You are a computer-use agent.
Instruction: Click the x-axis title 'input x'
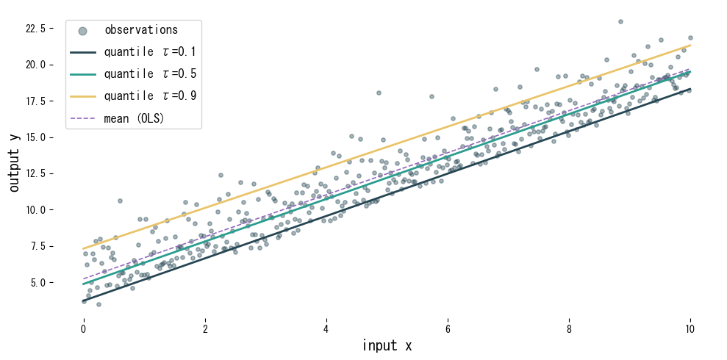[387, 345]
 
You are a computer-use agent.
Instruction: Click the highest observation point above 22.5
[620, 21]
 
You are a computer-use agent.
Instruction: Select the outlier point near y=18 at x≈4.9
[379, 93]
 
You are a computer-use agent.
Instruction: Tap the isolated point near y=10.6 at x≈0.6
[120, 201]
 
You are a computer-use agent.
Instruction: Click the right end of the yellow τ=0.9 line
[690, 45]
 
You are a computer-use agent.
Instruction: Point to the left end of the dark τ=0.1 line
[84, 301]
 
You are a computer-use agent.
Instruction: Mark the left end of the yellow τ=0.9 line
[84, 248]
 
